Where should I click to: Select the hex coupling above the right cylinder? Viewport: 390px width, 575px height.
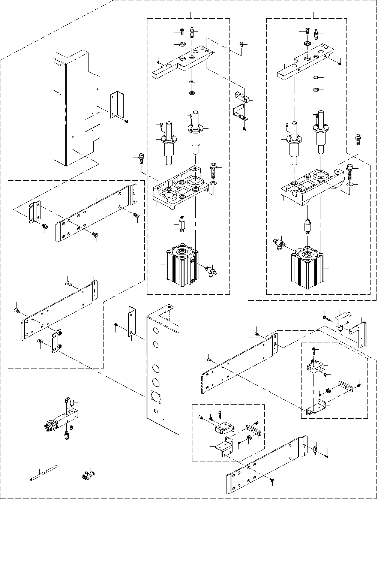pos(307,227)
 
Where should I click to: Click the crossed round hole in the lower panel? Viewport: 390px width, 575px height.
pos(154,396)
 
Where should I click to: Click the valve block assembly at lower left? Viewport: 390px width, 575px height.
pos(64,419)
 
